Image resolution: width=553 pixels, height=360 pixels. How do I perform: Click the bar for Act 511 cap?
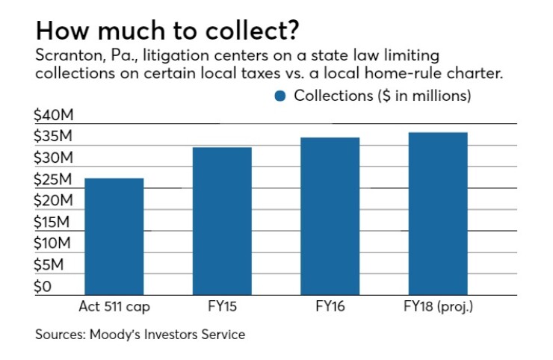click(114, 236)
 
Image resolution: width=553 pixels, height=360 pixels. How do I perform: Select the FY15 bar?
click(222, 221)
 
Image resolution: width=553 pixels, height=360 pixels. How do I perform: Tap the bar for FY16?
click(330, 216)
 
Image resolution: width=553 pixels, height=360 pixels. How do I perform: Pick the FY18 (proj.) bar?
click(437, 214)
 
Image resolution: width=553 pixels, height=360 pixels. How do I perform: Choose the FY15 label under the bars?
click(222, 305)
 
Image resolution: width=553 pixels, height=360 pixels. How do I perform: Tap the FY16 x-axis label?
click(330, 305)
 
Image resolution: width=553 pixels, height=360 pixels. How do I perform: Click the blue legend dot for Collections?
click(280, 96)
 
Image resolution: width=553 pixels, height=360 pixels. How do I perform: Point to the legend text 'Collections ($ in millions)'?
click(383, 96)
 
